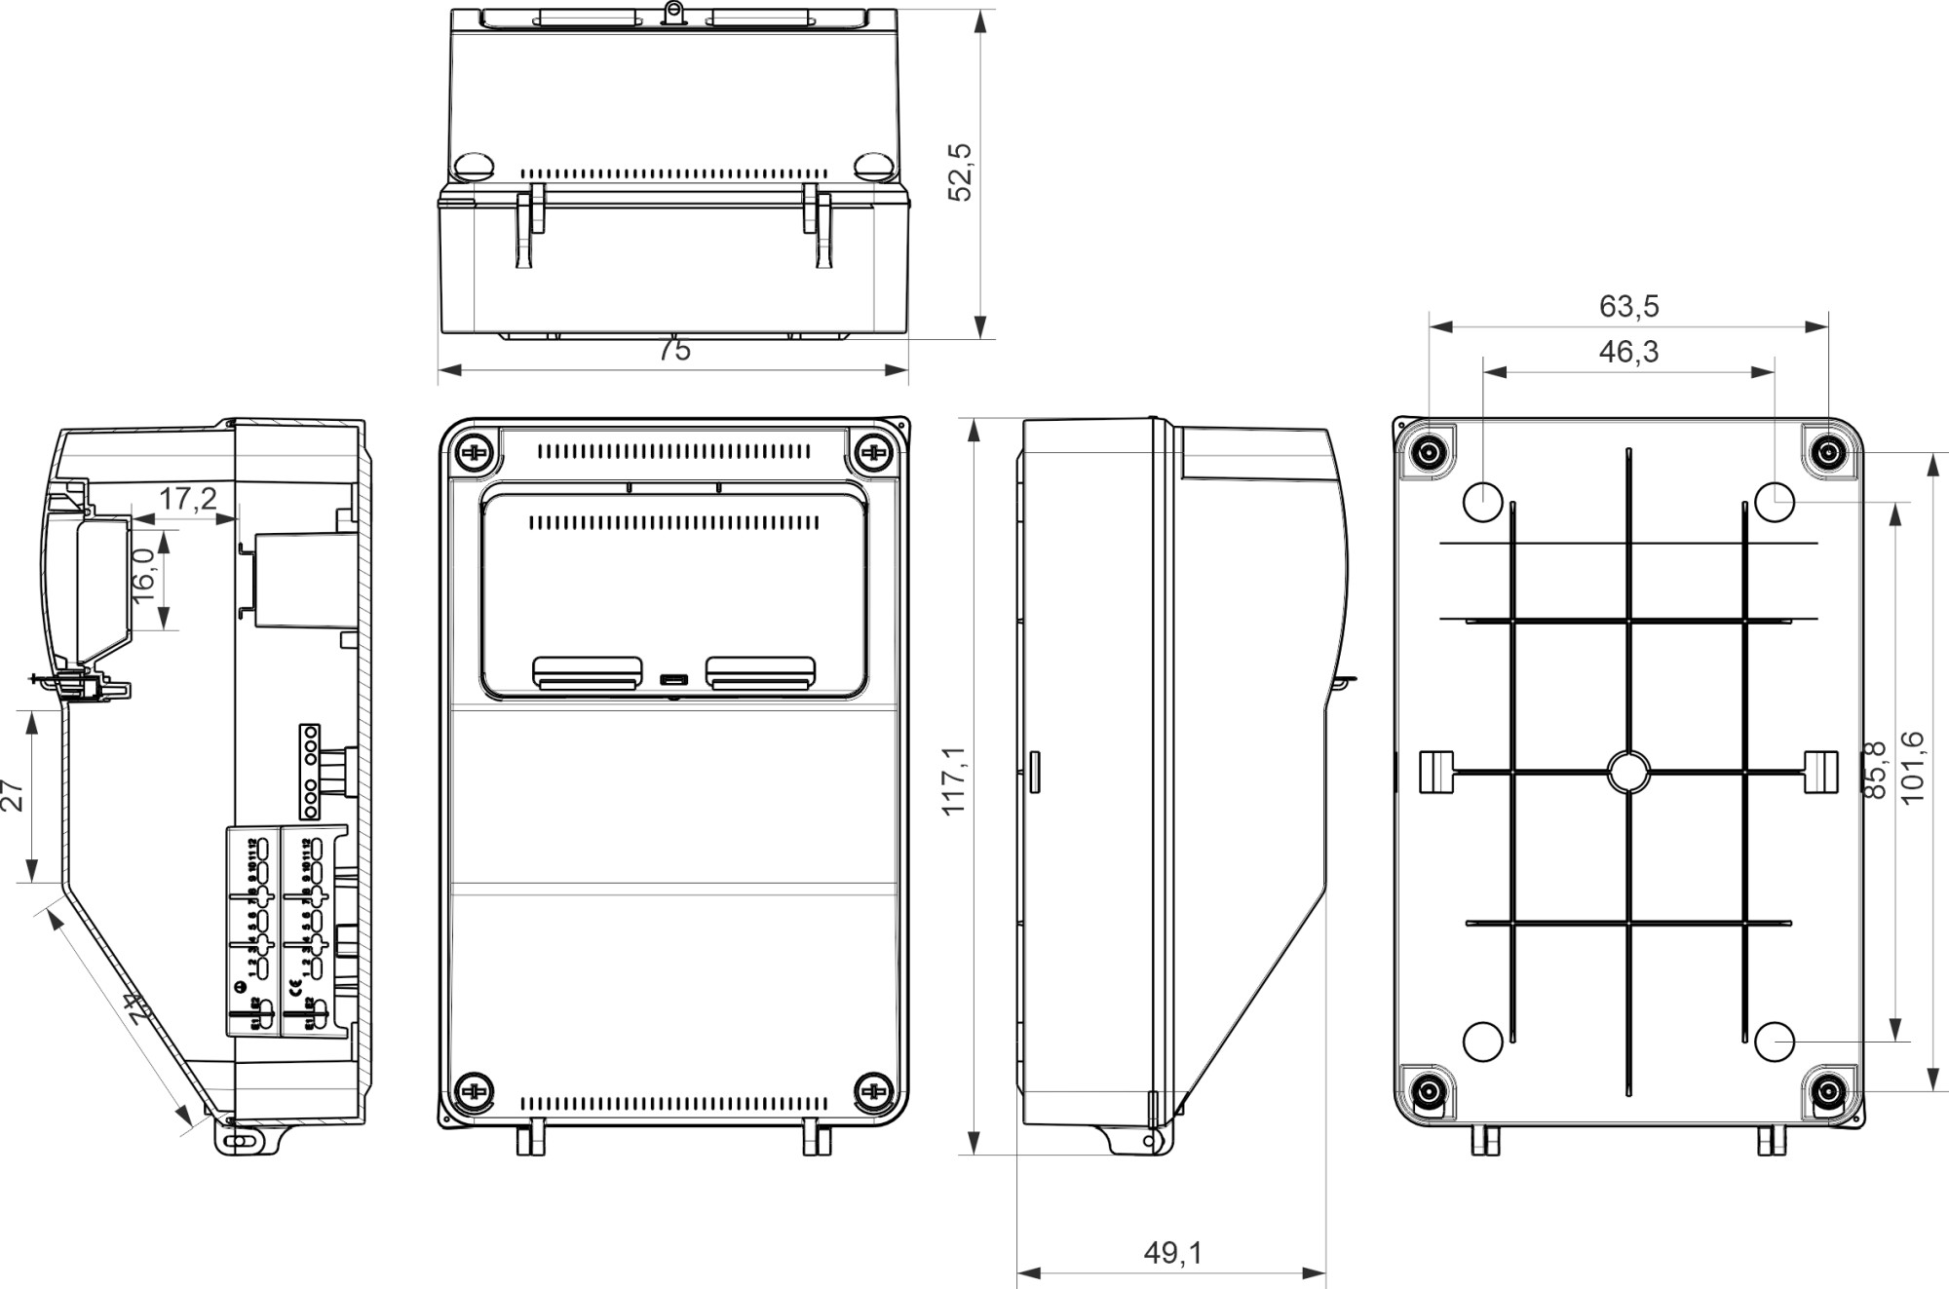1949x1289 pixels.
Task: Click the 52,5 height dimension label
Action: (x=961, y=172)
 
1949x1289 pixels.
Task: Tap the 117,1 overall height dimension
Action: (x=954, y=780)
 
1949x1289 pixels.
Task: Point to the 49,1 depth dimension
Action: (x=1172, y=1253)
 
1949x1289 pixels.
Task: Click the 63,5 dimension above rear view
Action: (x=1628, y=307)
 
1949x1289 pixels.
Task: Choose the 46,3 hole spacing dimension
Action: (x=1628, y=352)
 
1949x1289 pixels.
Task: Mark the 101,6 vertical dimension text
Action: (x=1912, y=767)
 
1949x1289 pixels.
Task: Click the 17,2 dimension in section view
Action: (x=188, y=500)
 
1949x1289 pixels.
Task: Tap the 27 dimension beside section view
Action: (x=13, y=795)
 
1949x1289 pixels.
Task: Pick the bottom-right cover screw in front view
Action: (x=873, y=1092)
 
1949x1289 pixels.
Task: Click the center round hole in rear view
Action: (x=1628, y=772)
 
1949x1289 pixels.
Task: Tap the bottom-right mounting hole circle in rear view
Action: (x=1775, y=1042)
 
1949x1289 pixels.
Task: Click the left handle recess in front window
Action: (x=587, y=672)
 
